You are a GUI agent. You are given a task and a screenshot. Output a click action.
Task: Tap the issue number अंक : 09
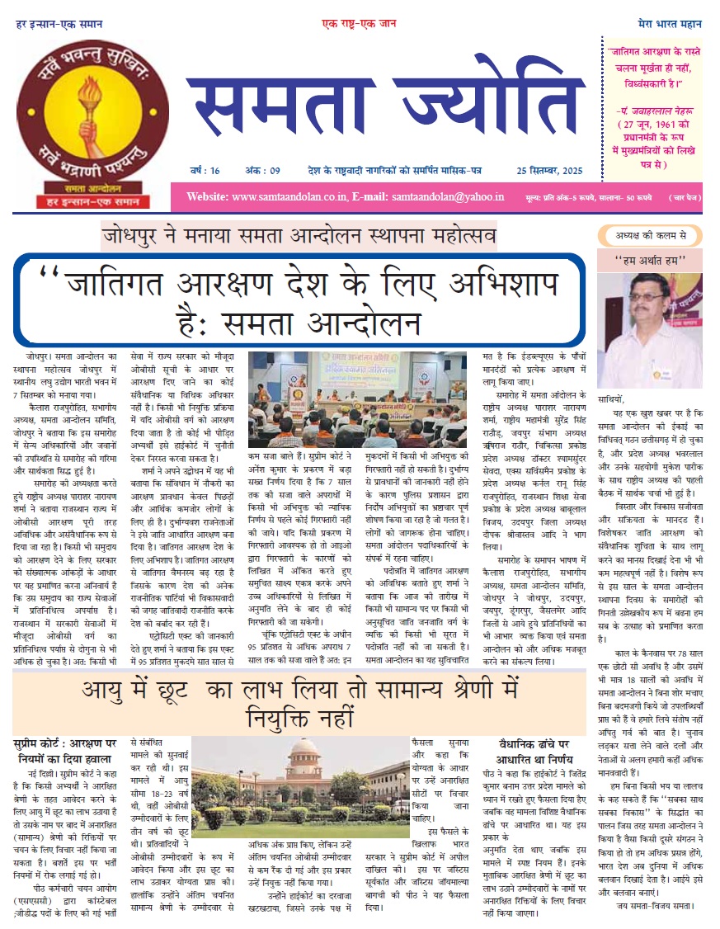point(263,171)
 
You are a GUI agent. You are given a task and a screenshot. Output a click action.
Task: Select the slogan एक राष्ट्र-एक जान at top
point(357,25)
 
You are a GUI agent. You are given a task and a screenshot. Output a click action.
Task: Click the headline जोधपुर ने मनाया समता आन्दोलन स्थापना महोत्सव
point(299,237)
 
